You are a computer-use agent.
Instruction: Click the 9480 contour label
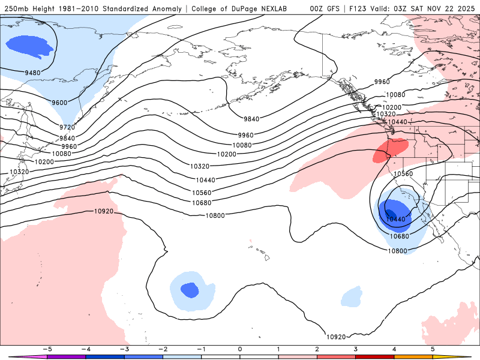click(x=34, y=73)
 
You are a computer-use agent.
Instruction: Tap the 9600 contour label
click(x=59, y=103)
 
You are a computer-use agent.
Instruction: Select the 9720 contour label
click(x=67, y=128)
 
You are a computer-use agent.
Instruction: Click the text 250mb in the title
click(x=16, y=9)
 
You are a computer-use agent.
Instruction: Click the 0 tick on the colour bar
click(x=239, y=349)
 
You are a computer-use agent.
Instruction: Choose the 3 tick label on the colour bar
click(x=356, y=349)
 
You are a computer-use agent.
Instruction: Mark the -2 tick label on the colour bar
click(x=162, y=349)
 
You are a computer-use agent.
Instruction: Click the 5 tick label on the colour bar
click(x=433, y=349)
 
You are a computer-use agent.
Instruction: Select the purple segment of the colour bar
click(x=66, y=356)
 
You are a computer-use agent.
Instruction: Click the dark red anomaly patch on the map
click(x=381, y=155)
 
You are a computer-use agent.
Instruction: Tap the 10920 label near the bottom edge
click(x=336, y=337)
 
